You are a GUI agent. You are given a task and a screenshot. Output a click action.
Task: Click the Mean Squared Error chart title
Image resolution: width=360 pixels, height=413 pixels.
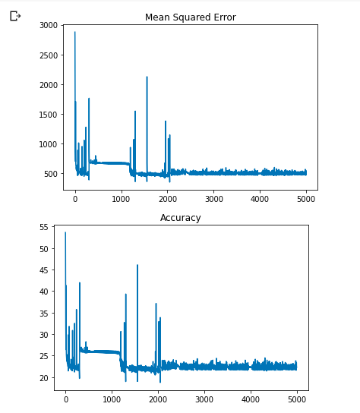coord(190,17)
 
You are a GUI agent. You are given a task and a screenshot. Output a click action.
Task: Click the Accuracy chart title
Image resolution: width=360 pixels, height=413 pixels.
coord(180,218)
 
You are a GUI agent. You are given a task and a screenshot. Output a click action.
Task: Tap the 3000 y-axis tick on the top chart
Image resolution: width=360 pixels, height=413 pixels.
coord(48,26)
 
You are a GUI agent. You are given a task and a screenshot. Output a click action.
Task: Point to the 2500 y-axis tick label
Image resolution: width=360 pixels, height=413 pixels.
coord(48,55)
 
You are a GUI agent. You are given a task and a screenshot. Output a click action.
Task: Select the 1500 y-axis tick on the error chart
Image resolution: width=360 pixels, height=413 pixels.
coord(48,115)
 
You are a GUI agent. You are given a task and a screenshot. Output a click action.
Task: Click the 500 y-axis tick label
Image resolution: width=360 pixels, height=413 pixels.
coord(50,174)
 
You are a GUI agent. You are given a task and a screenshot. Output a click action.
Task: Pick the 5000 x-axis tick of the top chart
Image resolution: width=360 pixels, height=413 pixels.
coord(306,200)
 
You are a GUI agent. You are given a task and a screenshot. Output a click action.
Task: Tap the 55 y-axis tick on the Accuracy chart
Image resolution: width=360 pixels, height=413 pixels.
coord(43,227)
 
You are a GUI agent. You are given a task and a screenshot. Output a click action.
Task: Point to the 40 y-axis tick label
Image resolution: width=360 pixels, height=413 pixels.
coord(43,292)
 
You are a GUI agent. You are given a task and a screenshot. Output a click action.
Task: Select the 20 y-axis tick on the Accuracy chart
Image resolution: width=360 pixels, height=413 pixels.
coord(43,377)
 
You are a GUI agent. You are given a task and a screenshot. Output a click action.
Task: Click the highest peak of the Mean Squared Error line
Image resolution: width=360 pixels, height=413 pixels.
coord(74,32)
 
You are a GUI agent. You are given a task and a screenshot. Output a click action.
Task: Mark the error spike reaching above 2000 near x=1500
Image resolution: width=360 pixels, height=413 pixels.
coord(147,77)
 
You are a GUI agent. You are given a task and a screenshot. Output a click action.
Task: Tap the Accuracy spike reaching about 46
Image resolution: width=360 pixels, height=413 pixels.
coord(137,265)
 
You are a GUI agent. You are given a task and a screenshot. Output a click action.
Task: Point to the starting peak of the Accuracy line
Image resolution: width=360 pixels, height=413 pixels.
coord(65,232)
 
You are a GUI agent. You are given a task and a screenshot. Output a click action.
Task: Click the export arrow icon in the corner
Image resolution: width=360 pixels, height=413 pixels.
coord(15,15)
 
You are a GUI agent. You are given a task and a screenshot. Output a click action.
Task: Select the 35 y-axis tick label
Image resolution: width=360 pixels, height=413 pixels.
coord(43,313)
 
